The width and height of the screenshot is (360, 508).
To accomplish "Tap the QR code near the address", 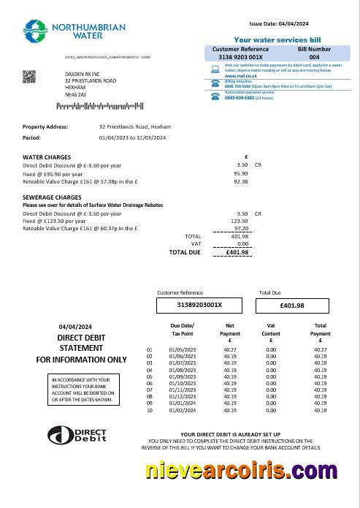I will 29,75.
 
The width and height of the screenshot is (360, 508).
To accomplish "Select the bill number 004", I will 314,56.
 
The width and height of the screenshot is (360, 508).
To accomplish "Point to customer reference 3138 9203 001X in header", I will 241,56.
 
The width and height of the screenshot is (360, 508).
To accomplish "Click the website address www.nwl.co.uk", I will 240,75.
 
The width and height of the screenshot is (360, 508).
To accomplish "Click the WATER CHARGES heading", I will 47,157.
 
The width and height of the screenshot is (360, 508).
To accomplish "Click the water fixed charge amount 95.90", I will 240,173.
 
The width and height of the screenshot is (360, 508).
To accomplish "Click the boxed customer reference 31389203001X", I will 199,305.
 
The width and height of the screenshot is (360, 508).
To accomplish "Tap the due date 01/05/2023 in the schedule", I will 182,350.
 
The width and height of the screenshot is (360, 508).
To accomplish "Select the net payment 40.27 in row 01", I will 229,350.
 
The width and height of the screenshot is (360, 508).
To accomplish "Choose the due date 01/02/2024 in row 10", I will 182,409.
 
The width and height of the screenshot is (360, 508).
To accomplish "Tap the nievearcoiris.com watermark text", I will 242,470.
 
